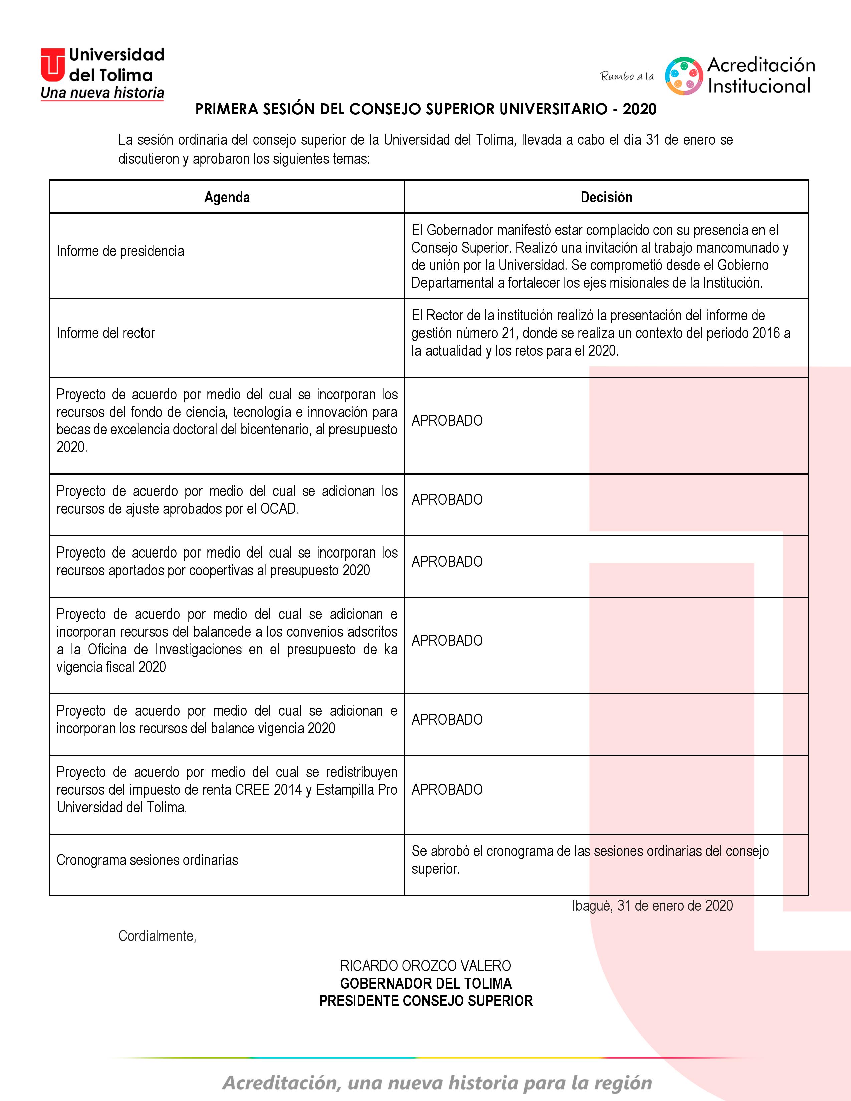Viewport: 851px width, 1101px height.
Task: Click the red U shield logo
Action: pyautogui.click(x=52, y=64)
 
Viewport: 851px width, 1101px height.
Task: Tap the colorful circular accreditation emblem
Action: pyautogui.click(x=683, y=76)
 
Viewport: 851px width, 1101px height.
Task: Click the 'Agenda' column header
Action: pyautogui.click(x=227, y=197)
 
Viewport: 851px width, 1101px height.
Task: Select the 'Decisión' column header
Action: pyautogui.click(x=606, y=197)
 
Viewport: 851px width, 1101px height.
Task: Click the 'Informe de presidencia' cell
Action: pyautogui.click(x=120, y=251)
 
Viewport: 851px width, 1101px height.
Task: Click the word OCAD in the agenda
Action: pyautogui.click(x=278, y=509)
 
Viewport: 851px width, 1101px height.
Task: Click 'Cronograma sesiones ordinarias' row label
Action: pyautogui.click(x=147, y=860)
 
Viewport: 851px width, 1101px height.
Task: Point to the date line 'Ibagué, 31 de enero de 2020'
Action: pyautogui.click(x=652, y=906)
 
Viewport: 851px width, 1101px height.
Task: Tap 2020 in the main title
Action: pyautogui.click(x=639, y=109)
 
